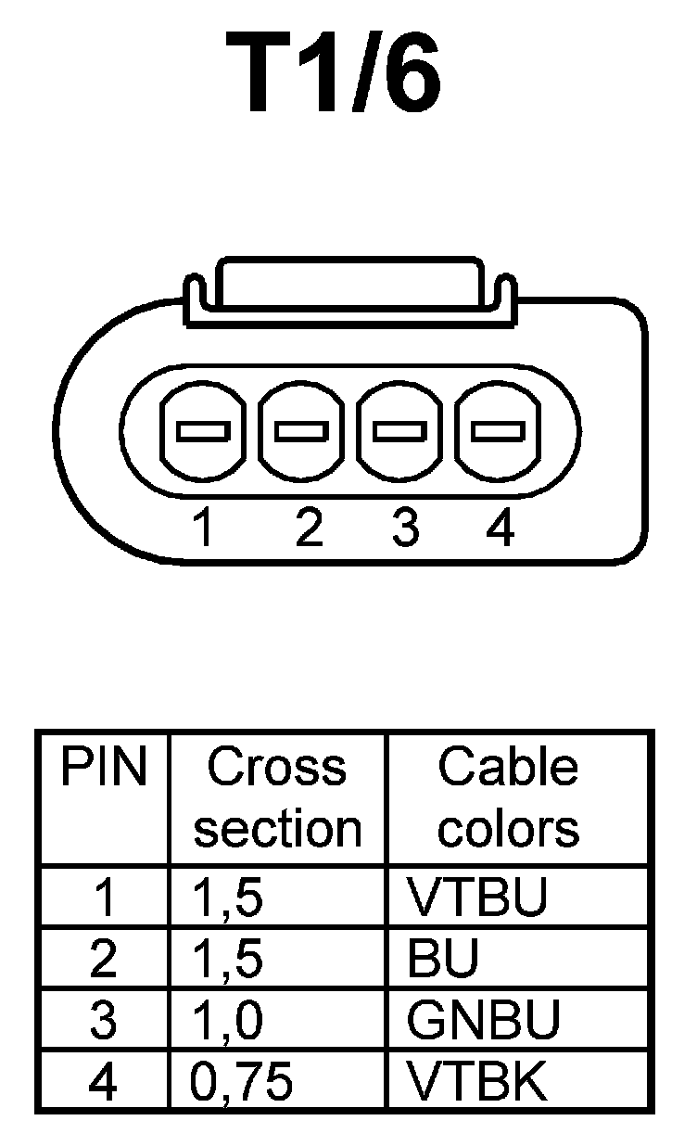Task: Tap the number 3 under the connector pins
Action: [x=405, y=528]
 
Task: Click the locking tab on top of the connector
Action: [x=347, y=289]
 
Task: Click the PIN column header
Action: [x=104, y=770]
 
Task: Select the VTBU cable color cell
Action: [x=477, y=897]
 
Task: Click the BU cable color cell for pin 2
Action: [x=443, y=960]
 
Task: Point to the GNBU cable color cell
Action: [x=483, y=1021]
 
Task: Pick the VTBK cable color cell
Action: [x=477, y=1082]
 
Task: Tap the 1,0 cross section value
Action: [x=226, y=1021]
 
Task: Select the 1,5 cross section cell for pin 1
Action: [x=226, y=897]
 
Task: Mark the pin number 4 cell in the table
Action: [x=103, y=1082]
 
